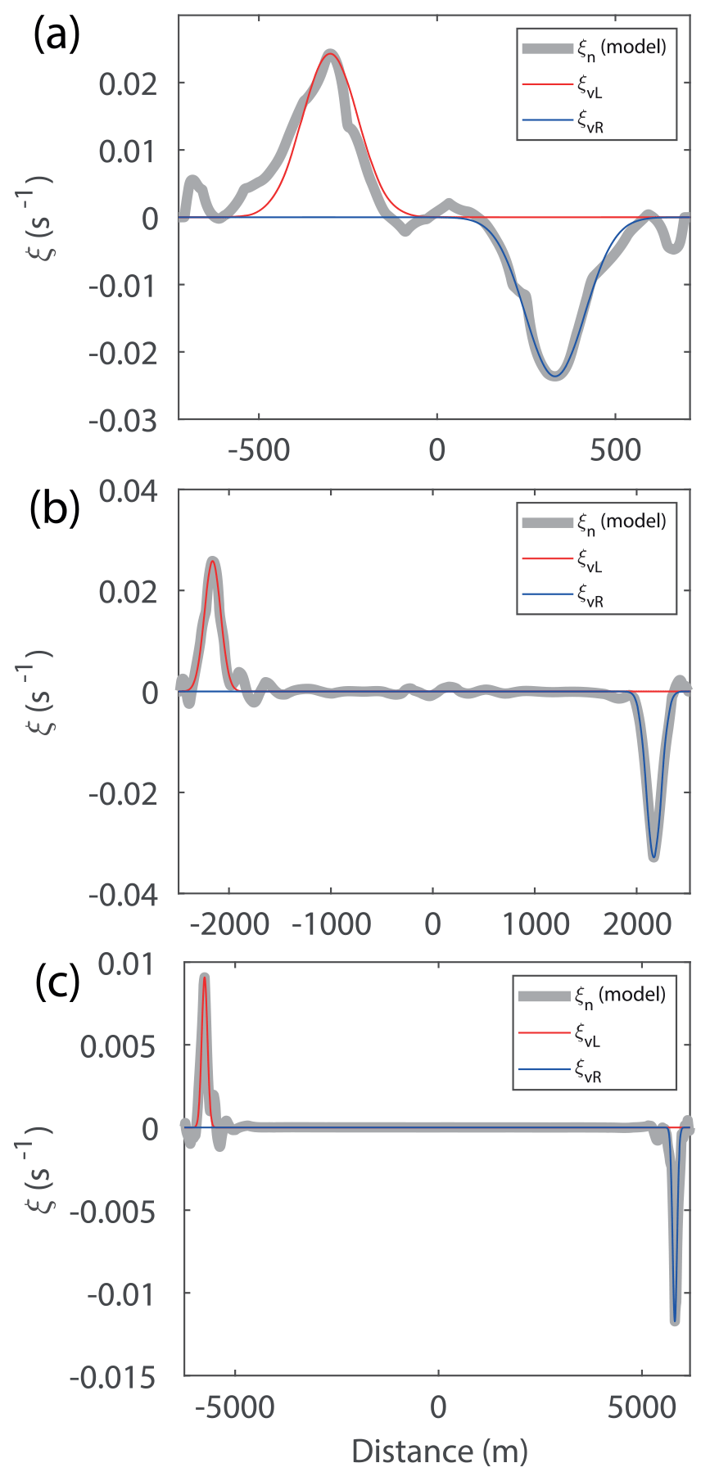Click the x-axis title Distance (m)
[439, 1451]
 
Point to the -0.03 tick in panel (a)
[123, 421]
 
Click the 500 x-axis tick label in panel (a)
[615, 449]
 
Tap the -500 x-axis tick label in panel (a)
[259, 449]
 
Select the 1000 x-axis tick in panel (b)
[536, 923]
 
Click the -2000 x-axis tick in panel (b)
[228, 923]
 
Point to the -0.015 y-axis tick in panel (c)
[112, 1379]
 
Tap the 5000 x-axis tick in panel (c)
[642, 1406]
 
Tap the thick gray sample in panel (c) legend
[544, 996]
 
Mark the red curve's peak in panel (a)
[330, 55]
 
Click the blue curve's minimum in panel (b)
[653, 857]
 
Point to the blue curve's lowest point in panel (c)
[675, 1321]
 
